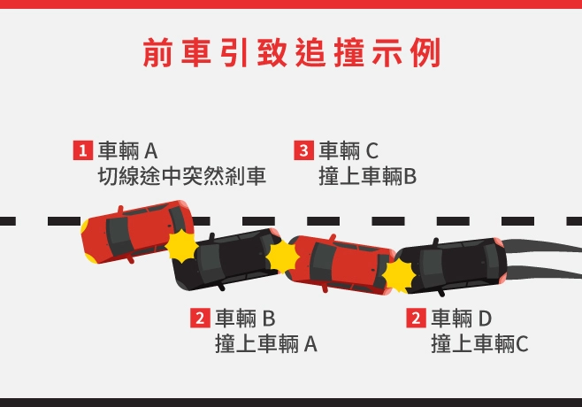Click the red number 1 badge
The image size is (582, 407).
83,150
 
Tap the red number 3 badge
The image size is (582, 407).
303,150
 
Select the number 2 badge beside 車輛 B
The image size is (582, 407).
200,318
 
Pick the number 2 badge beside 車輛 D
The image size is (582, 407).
416,318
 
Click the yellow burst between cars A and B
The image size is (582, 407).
181,246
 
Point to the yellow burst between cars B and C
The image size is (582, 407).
282,257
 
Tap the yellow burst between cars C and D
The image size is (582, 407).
399,275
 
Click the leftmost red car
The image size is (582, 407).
137,232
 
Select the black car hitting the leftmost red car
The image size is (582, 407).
227,259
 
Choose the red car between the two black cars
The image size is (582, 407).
341,265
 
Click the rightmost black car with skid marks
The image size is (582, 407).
450,266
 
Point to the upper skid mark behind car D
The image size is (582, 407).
542,246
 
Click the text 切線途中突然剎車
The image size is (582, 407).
182,176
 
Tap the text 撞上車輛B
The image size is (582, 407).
367,176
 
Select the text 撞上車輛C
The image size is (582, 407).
479,343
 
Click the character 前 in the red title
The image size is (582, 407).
157,52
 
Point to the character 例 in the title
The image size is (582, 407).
425,52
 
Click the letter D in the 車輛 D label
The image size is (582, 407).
485,319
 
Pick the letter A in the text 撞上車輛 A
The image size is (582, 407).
310,344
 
